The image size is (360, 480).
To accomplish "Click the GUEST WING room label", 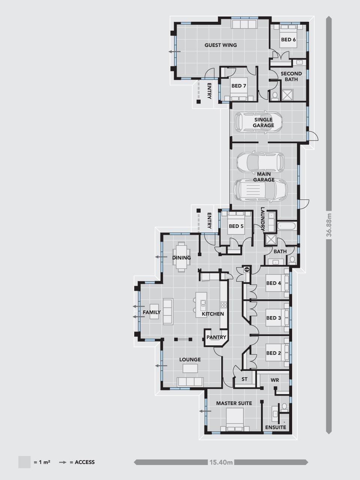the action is point(220,45).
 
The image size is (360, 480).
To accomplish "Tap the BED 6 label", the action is point(288,40).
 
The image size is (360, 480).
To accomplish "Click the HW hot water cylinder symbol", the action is point(247,269).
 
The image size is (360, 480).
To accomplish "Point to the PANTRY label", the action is point(216,337).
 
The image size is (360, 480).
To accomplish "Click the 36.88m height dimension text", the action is point(329,225).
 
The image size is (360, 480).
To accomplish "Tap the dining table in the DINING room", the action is point(181,257).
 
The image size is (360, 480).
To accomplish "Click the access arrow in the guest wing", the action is point(175,52).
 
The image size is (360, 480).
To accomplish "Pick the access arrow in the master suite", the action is point(205,411).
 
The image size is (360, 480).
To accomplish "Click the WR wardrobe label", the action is point(275,380).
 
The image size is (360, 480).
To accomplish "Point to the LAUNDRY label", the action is point(262,219).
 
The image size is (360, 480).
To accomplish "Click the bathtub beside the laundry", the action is point(286,226).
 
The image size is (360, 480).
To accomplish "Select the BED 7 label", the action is point(239,86).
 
